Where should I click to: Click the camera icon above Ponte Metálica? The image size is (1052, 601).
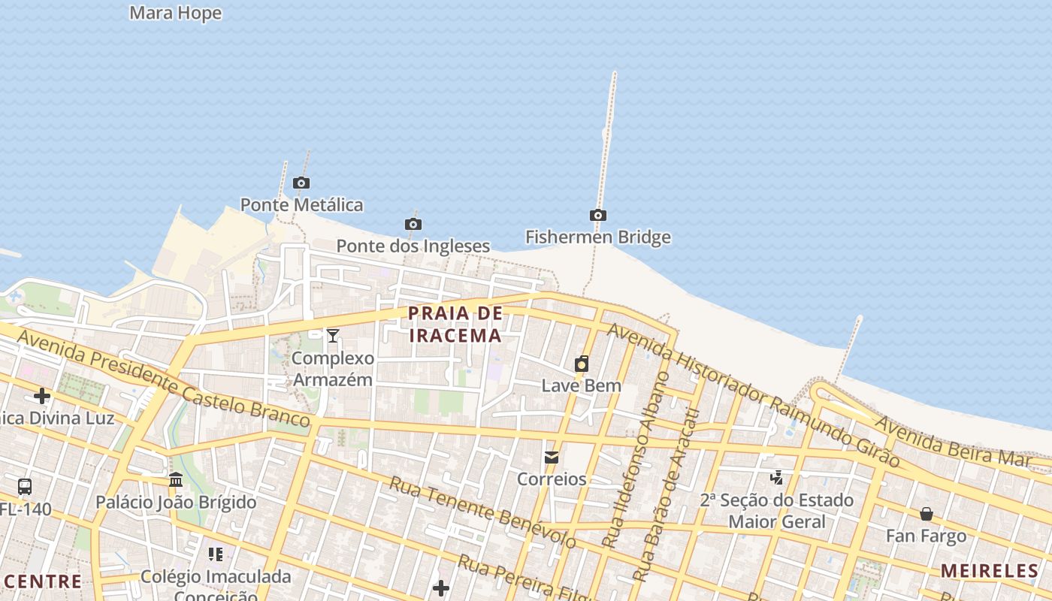(301, 183)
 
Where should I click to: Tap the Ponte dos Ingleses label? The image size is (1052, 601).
(413, 246)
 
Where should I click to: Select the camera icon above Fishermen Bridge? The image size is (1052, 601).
(598, 216)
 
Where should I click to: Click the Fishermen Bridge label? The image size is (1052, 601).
(597, 237)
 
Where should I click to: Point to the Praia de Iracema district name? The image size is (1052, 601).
(455, 324)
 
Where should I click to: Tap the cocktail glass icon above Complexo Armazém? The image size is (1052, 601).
(333, 335)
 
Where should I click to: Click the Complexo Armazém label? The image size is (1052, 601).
(332, 369)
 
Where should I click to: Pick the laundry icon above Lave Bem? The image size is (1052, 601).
(582, 364)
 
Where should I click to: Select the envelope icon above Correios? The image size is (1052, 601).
(552, 457)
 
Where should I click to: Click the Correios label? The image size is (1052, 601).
(552, 479)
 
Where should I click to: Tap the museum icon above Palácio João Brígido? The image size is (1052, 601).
(176, 479)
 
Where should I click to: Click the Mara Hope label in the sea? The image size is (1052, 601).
(176, 13)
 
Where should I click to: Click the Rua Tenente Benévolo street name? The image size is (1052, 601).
(482, 512)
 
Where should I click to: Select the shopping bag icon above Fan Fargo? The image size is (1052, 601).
(927, 514)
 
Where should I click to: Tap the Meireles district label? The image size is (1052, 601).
(990, 571)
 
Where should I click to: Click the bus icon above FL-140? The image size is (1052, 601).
(25, 487)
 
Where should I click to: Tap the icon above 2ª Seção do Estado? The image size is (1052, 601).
(777, 477)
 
